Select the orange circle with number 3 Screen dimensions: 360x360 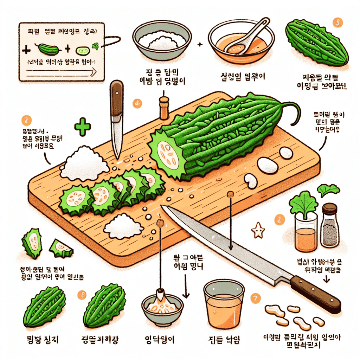137,103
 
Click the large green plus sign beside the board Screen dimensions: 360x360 83,127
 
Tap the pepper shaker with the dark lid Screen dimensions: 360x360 330,225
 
